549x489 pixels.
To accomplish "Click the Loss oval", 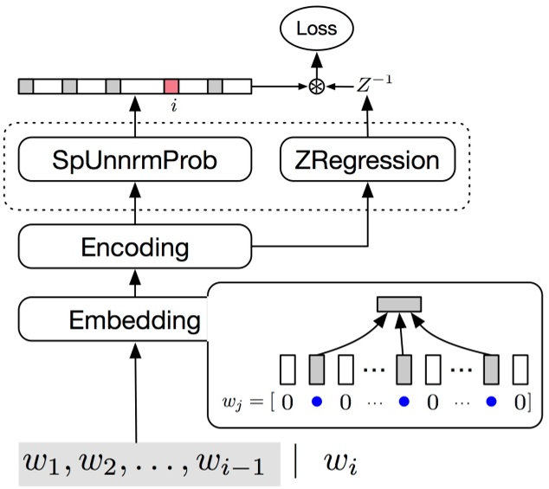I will [316, 29].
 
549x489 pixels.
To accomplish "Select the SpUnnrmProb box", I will [135, 160].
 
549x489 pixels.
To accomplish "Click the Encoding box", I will [135, 248].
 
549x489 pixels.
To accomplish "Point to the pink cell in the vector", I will [171, 87].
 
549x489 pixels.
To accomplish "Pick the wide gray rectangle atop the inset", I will [398, 304].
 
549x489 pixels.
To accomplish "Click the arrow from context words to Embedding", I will [135, 389].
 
